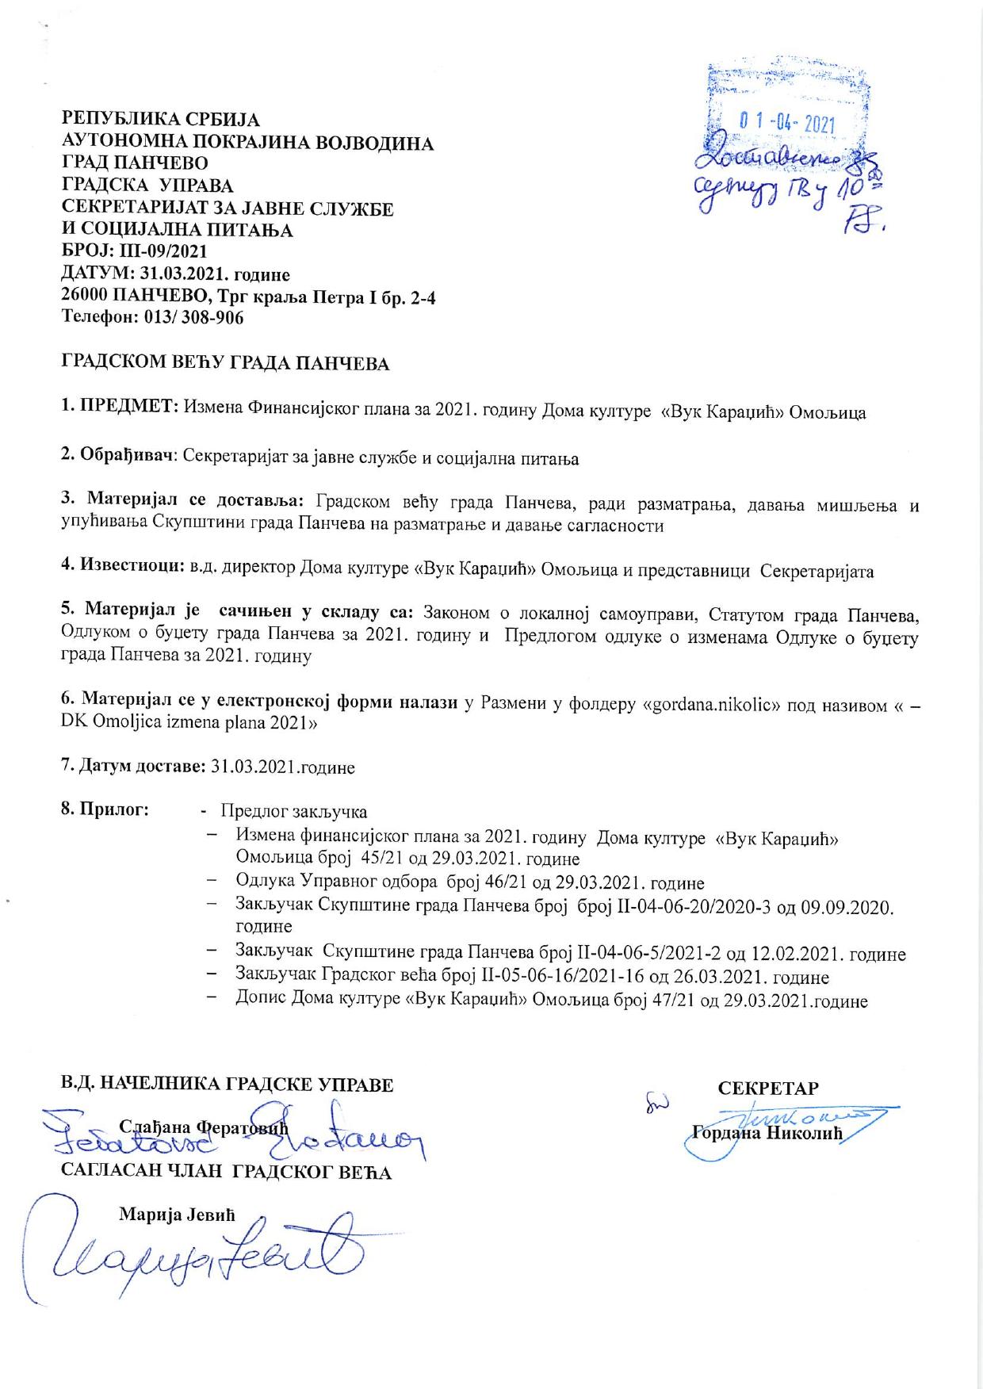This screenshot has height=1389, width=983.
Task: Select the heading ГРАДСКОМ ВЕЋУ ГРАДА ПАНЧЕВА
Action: [226, 364]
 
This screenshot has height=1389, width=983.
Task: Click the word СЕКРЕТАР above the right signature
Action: [768, 1088]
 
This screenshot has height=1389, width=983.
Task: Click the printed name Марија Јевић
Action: [178, 1215]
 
